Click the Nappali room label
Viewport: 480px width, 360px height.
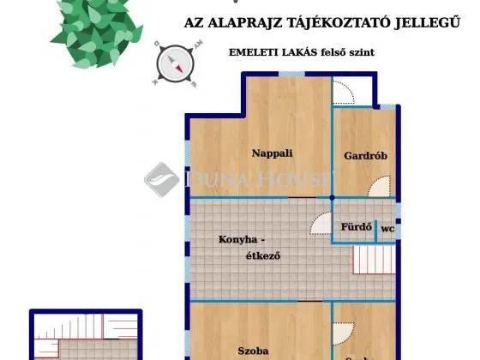[272, 153]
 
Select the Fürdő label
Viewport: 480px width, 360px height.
[355, 228]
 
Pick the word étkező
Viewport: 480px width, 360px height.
[263, 255]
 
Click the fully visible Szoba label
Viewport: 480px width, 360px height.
[254, 351]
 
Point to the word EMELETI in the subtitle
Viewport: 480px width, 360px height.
[253, 52]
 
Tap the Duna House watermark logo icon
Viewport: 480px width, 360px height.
[161, 179]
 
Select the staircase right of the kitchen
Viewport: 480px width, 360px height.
[375, 257]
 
